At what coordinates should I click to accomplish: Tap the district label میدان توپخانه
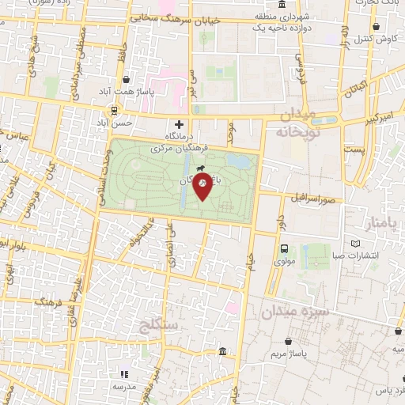click(x=296, y=124)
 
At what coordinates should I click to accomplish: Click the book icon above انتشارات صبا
click(x=355, y=243)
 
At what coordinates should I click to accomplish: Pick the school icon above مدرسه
click(x=123, y=373)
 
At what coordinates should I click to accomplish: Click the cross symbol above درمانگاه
click(x=179, y=124)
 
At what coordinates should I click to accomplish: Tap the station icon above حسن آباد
click(x=115, y=111)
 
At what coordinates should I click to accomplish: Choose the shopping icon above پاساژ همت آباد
click(x=127, y=79)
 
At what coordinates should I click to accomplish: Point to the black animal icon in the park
click(x=201, y=168)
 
